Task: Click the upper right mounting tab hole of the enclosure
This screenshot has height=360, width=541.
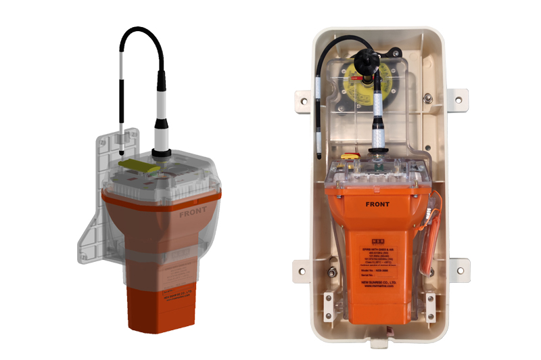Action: tap(460, 99)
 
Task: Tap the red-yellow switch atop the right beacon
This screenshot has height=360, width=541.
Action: tap(350, 156)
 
